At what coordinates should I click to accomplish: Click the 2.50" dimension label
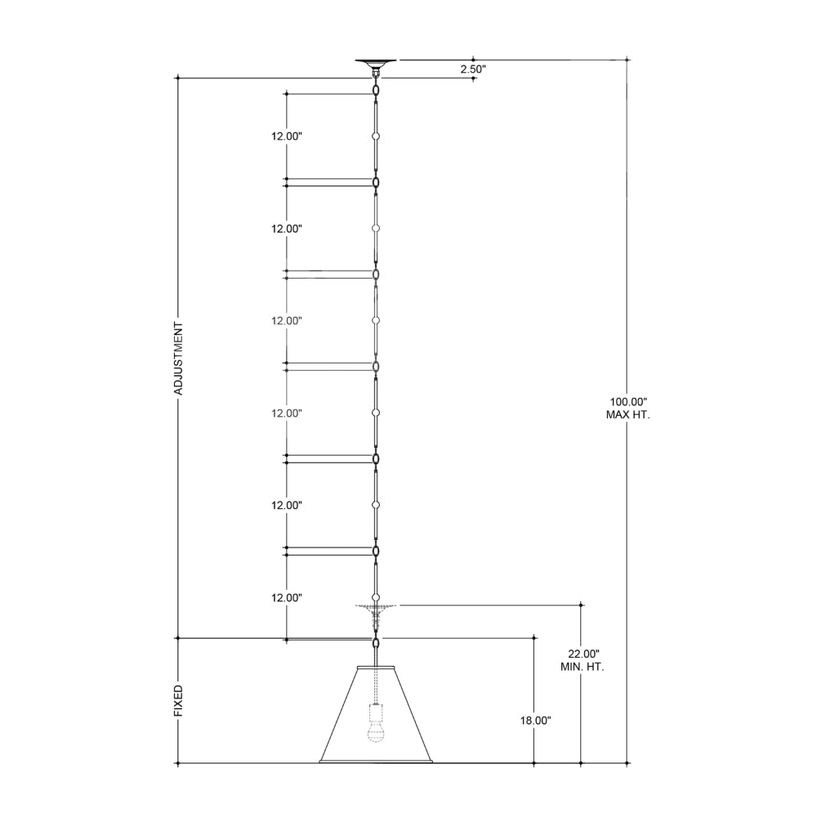pos(472,69)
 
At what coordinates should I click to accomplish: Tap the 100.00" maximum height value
pos(627,402)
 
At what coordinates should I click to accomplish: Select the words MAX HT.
pos(627,415)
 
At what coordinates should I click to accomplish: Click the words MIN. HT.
pos(582,667)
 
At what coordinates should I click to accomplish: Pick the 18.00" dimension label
pos(535,721)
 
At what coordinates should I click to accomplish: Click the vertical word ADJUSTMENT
pos(178,359)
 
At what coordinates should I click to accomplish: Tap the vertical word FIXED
pos(178,701)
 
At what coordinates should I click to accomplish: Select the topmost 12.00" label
pos(287,136)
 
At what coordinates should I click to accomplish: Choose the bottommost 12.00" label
pos(287,598)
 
